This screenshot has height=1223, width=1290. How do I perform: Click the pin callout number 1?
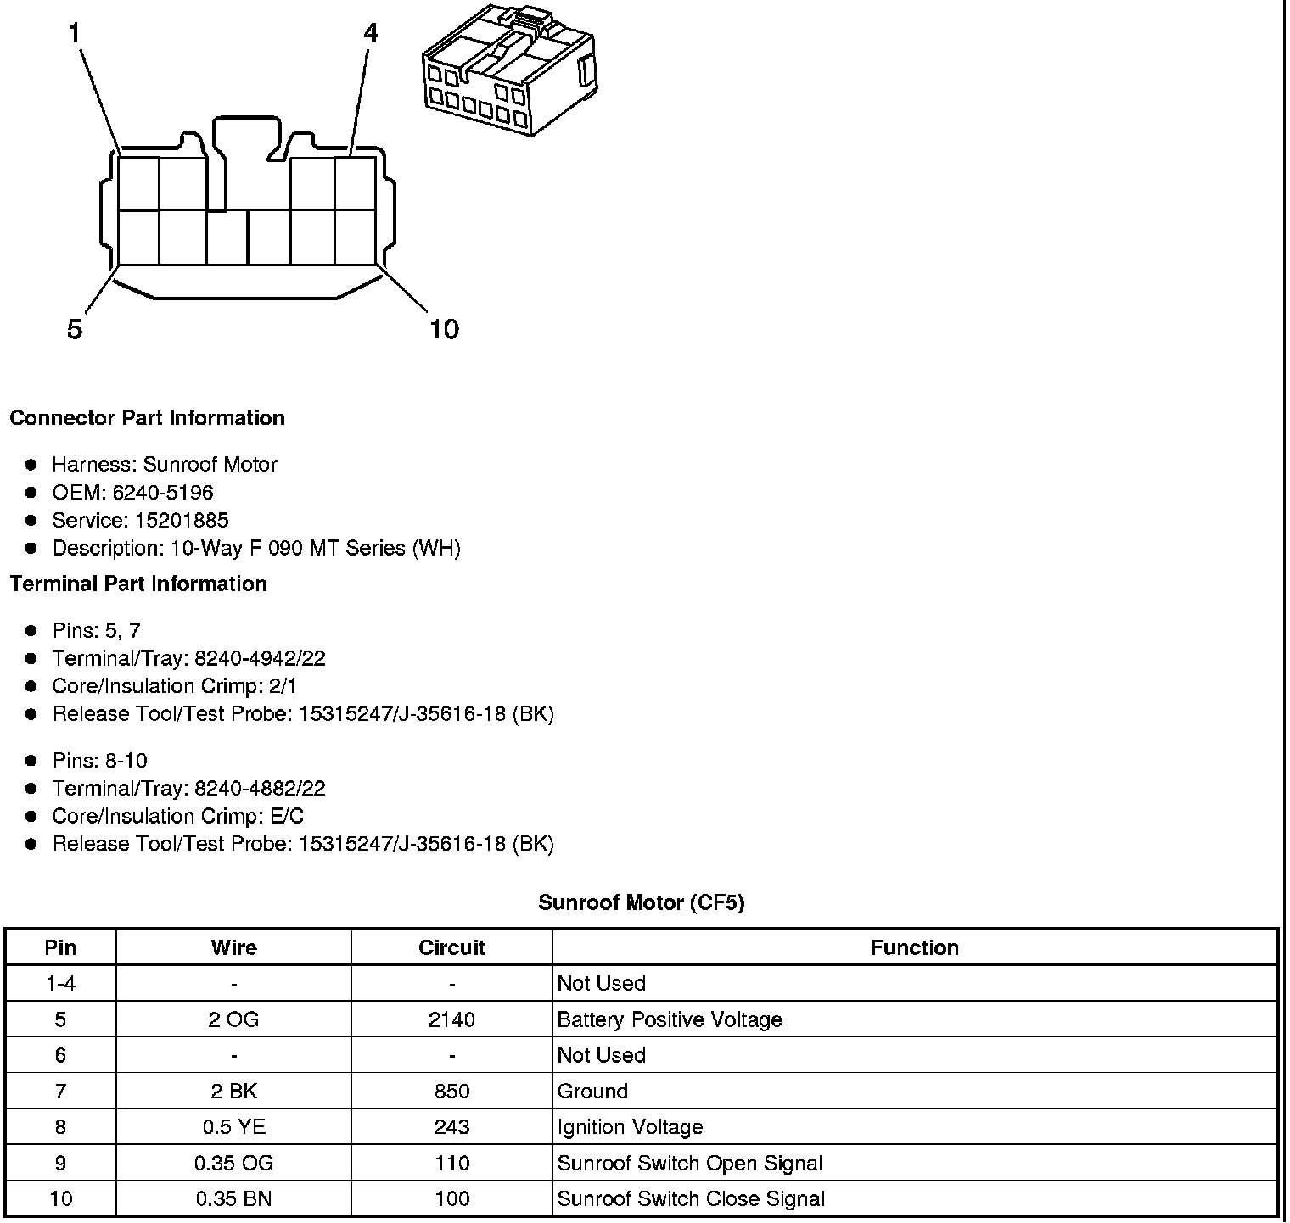[x=75, y=34]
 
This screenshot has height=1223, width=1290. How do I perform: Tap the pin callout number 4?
[x=370, y=34]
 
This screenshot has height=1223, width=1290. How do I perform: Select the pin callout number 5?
[x=75, y=329]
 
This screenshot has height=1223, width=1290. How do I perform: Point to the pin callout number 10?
[x=444, y=329]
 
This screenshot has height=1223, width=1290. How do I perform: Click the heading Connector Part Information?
[x=147, y=418]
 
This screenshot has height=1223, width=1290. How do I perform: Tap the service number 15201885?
[x=182, y=521]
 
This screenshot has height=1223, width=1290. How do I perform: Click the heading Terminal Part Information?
[x=138, y=584]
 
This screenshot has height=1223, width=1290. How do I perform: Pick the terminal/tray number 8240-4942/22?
[x=260, y=659]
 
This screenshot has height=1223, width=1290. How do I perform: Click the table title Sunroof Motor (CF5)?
[x=642, y=902]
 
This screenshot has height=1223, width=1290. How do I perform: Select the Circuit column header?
[x=451, y=948]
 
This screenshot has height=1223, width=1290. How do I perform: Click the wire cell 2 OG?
[x=233, y=1019]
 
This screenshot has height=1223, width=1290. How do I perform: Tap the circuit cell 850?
[x=451, y=1092]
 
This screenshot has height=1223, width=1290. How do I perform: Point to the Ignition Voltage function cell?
[x=631, y=1127]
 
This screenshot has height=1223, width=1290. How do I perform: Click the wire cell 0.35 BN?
[x=233, y=1199]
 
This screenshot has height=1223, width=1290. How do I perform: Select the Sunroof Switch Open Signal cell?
[x=690, y=1164]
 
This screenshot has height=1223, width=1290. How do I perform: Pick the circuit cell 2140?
[x=451, y=1019]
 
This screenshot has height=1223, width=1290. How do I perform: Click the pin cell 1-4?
[x=60, y=984]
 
